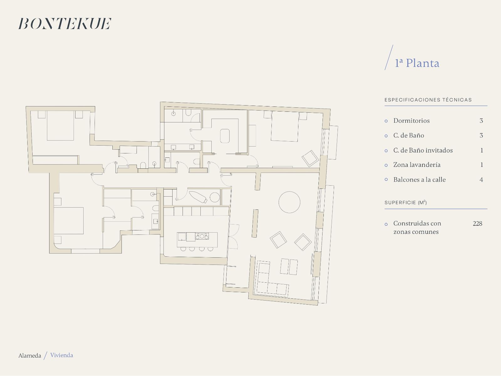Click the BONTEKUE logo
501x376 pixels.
65,23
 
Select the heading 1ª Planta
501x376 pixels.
417,63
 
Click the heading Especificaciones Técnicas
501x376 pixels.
428,100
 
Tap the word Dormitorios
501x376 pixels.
411,121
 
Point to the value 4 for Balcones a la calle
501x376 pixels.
481,180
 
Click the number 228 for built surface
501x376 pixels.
478,223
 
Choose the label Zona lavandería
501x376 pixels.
417,165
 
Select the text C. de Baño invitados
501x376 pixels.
423,150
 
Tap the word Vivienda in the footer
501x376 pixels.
62,355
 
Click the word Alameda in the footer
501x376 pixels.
30,355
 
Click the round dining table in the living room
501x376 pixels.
289,202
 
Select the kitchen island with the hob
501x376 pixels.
197,240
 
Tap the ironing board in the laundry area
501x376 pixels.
198,197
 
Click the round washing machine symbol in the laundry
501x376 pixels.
214,197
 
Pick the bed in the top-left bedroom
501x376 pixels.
60,126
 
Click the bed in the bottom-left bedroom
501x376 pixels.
69,221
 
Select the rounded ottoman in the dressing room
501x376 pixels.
225,136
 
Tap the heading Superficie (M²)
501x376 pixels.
405,202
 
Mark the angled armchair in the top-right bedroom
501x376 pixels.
310,158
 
